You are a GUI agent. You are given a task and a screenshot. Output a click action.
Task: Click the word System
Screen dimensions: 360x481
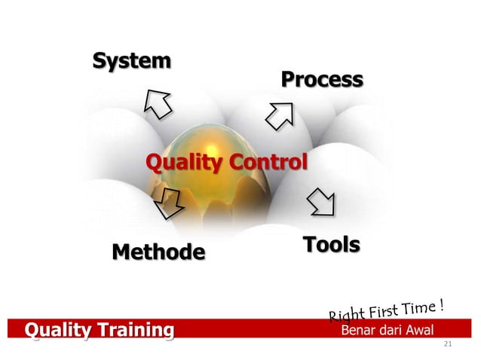point(131,61)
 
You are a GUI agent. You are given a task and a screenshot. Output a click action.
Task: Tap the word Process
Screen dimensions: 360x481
point(321,79)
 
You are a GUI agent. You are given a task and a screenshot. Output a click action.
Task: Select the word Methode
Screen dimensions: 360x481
point(158,251)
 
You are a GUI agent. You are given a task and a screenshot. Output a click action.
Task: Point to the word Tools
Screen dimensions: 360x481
point(331,245)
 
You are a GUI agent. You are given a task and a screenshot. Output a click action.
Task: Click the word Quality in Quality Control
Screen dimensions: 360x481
point(176,162)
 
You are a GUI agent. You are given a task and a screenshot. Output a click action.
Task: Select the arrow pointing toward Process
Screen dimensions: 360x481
point(282,114)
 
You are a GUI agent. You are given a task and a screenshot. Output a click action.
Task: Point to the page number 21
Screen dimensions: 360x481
point(448,344)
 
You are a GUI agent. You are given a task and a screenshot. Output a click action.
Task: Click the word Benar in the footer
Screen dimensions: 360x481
point(358,330)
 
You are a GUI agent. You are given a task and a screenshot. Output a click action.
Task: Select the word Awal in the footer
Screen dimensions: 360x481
point(425,330)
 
